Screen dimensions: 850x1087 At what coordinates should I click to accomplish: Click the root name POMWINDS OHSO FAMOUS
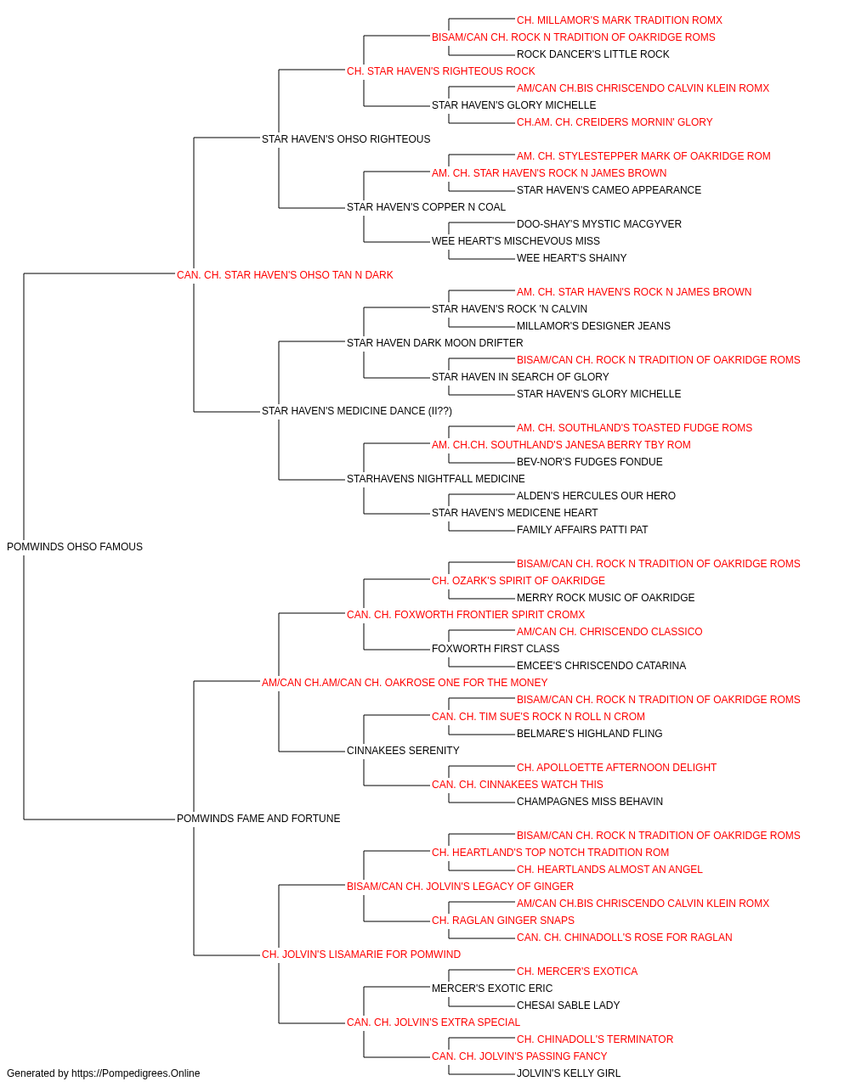[x=75, y=547]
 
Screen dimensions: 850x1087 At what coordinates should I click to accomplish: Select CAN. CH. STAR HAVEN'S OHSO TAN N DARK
[x=285, y=275]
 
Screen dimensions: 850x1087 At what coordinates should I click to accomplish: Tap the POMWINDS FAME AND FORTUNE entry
[x=258, y=819]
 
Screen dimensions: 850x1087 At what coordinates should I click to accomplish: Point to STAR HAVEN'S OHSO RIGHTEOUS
[x=346, y=139]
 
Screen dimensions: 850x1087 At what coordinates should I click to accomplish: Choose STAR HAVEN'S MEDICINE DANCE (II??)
[x=357, y=411]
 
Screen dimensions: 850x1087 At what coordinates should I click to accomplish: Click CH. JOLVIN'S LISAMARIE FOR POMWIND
[x=361, y=955]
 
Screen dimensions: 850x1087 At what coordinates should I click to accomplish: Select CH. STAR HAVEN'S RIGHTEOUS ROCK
[x=441, y=71]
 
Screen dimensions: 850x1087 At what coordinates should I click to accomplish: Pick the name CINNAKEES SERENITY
[x=403, y=751]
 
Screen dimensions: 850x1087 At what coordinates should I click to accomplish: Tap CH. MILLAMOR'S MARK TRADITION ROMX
[x=620, y=20]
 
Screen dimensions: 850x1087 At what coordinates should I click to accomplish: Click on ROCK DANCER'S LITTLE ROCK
[x=592, y=54]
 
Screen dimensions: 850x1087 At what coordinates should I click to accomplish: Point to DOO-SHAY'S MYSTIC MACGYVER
[x=599, y=224]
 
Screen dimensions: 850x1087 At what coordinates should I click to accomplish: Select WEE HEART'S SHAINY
[x=572, y=258]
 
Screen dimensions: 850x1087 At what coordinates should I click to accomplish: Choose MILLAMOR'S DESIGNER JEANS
[x=593, y=326]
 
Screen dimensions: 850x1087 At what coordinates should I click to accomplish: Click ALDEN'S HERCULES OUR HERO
[x=596, y=496]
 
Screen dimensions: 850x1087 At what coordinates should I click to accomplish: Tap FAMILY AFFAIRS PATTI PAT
[x=582, y=530]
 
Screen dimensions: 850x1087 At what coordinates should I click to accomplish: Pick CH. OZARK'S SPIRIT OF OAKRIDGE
[x=518, y=581]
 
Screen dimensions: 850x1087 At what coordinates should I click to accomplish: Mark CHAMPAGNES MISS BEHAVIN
[x=590, y=802]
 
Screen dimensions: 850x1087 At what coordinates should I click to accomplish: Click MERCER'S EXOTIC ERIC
[x=492, y=988]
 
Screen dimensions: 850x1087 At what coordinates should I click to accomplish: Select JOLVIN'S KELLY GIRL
[x=569, y=1073]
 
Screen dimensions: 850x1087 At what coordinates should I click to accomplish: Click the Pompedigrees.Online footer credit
[x=103, y=1073]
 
